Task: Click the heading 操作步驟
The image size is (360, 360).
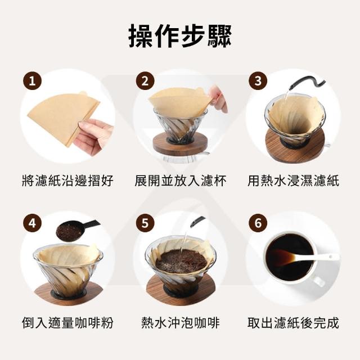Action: (180, 37)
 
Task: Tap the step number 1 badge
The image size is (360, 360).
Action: (33, 80)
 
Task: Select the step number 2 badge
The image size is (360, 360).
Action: (145, 80)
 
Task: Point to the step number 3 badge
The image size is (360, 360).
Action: (258, 80)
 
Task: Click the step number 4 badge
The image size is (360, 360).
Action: (33, 223)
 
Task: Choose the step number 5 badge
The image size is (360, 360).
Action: (145, 223)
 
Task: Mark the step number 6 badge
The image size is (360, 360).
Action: (258, 223)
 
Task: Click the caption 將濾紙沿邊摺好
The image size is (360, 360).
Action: (67, 181)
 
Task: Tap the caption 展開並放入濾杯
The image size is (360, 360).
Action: (181, 181)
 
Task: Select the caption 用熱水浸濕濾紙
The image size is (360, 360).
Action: (293, 181)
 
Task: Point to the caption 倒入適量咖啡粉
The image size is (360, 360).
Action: (67, 322)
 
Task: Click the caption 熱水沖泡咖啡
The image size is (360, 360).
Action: (181, 322)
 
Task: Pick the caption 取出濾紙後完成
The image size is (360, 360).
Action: (293, 322)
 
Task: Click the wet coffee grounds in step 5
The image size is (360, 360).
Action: (181, 261)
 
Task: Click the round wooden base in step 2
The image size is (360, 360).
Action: (180, 144)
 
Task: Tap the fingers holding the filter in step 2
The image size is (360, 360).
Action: (218, 99)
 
